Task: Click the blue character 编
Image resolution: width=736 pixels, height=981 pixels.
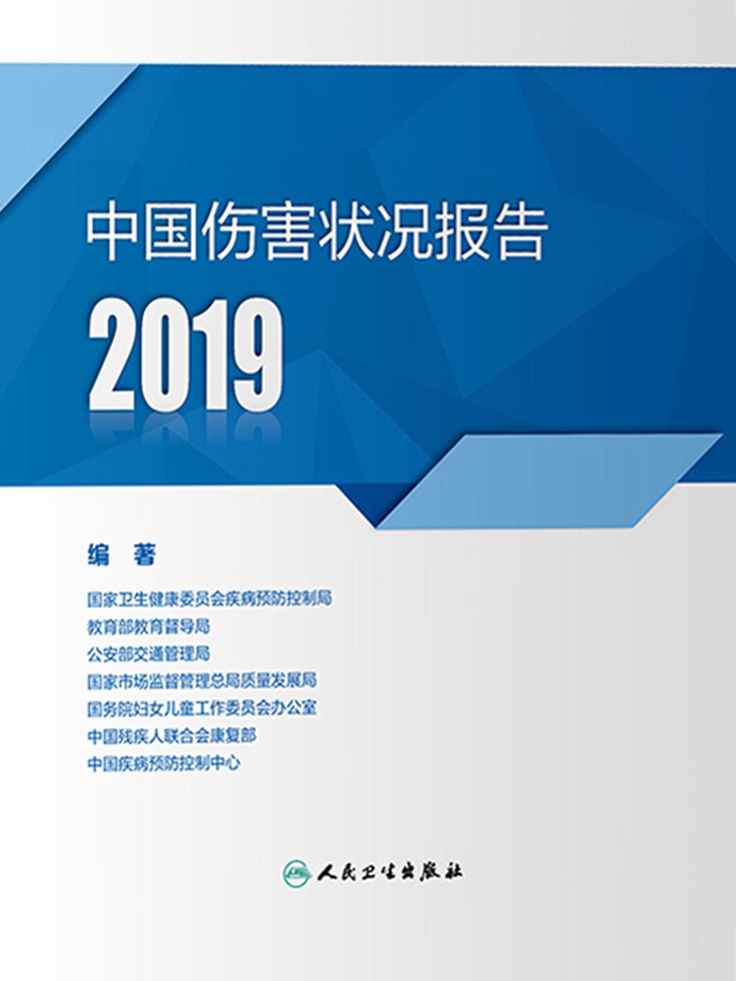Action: coord(98,555)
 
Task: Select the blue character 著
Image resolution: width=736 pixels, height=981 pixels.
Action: coord(145,555)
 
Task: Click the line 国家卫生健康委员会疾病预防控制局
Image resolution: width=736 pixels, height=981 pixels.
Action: coord(209,599)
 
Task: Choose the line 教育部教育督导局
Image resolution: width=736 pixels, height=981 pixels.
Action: coord(149,627)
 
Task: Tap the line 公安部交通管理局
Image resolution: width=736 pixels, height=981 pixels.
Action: coord(149,654)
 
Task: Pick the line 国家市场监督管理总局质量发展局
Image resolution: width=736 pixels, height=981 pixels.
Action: coord(202,681)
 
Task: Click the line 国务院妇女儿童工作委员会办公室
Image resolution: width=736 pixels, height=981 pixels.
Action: coord(202,708)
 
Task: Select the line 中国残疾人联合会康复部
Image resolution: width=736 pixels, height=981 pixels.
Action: coord(172,736)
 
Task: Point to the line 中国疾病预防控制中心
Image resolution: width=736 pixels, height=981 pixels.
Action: coord(163,763)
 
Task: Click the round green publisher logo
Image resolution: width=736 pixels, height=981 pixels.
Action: coord(297,873)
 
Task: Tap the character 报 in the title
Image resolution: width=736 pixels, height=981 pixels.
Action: coord(461,233)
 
